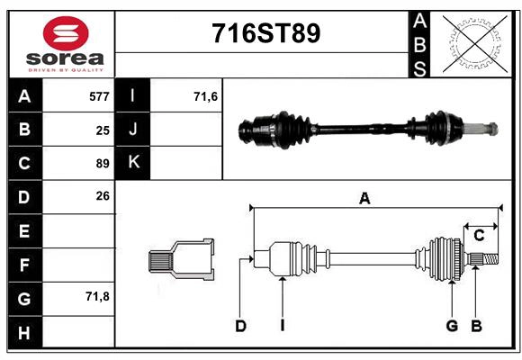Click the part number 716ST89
point(265,34)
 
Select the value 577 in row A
point(99,96)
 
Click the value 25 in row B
point(103,130)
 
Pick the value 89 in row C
point(103,164)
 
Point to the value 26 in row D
point(103,195)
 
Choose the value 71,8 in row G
point(97,296)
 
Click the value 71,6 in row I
point(206,96)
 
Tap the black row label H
point(24,332)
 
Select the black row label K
point(133,163)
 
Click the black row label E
point(24,231)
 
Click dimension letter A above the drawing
point(364,199)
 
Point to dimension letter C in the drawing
point(479,236)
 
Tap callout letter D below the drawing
point(240,326)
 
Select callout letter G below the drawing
point(452,326)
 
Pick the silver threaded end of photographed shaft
point(487,128)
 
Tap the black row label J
point(133,130)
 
